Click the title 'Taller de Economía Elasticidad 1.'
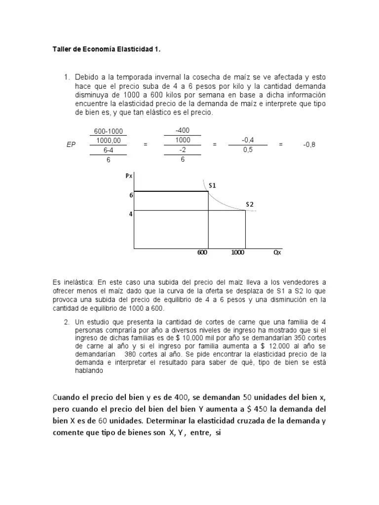[107, 50]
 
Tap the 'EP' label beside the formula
[71, 145]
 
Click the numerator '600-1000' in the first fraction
[108, 131]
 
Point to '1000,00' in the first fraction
[108, 141]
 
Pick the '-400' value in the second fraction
[182, 131]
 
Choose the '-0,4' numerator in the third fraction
[247, 140]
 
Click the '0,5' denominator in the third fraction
[247, 150]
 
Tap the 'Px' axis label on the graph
[129, 175]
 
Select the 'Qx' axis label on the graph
[277, 252]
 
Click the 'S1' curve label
[213, 186]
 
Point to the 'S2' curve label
[250, 204]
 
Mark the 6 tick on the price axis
[131, 195]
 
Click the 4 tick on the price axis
[131, 214]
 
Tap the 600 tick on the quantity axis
[202, 252]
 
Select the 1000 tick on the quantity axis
[238, 252]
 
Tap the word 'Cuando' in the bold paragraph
[67, 398]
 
